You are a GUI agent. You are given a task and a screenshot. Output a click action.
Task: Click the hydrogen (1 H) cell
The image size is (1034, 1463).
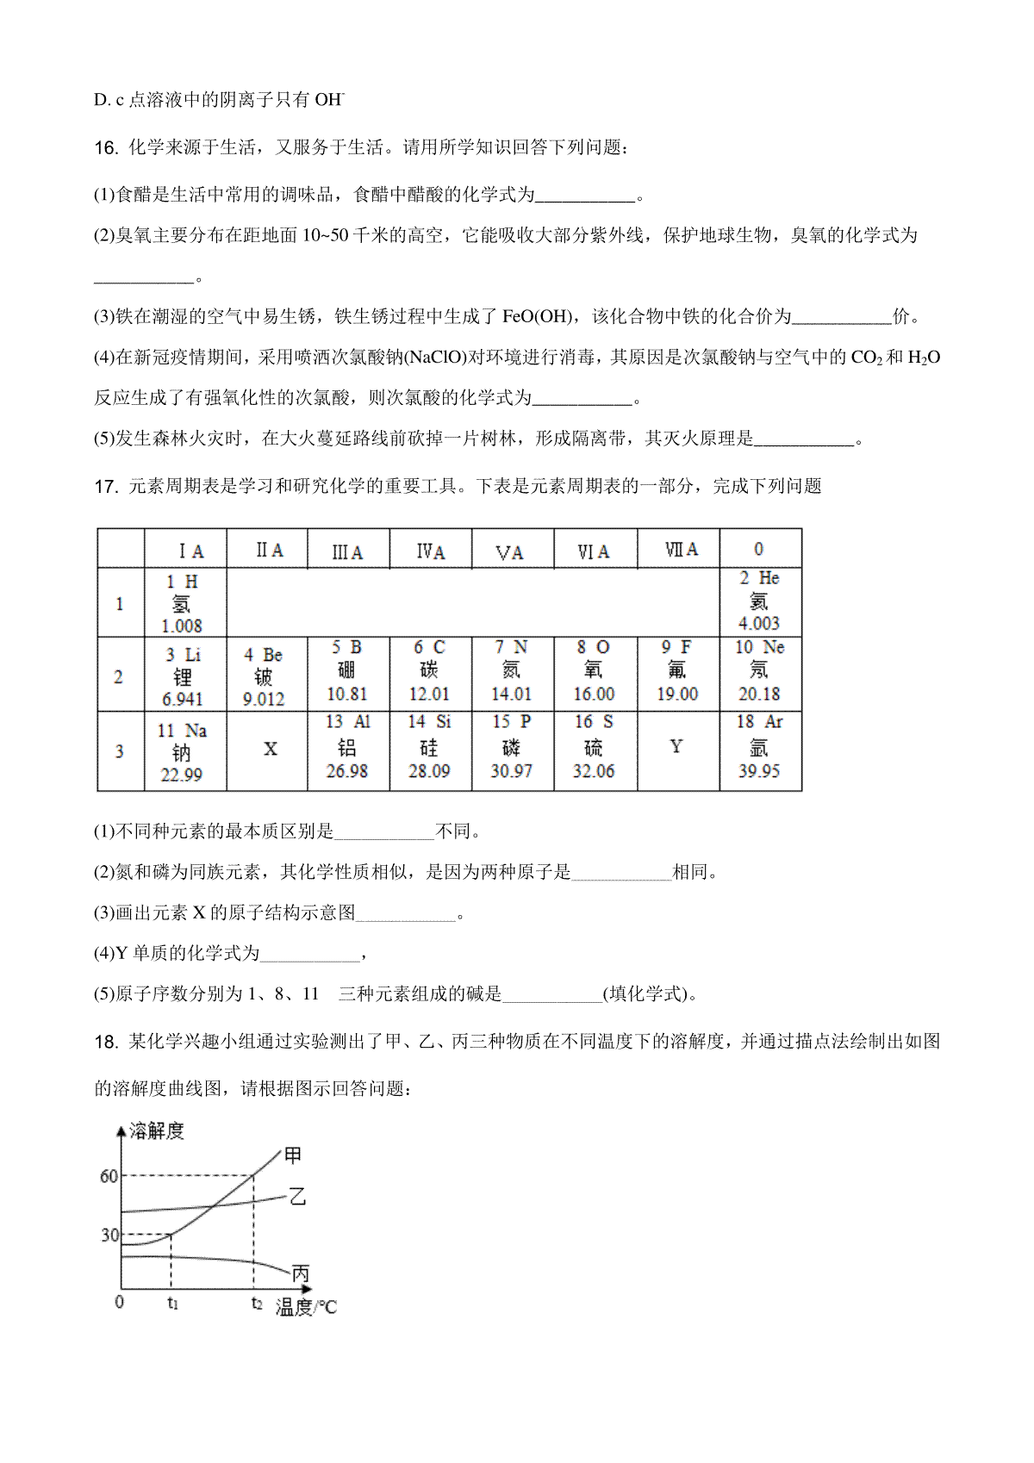coord(183,603)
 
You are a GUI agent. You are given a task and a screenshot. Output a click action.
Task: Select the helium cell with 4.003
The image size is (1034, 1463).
coord(759,601)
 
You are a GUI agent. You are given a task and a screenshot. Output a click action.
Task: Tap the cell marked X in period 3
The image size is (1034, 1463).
coord(270,750)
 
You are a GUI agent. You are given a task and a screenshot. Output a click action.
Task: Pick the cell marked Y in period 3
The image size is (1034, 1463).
coord(676,746)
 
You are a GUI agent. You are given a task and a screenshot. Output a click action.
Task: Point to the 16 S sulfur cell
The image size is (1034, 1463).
coord(594,747)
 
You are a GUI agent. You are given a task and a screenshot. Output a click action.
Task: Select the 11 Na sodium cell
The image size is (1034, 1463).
coord(182,752)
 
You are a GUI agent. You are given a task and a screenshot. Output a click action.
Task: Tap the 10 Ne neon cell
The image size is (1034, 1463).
coord(759,671)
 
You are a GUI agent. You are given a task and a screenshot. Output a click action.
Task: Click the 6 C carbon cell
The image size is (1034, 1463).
coord(429,671)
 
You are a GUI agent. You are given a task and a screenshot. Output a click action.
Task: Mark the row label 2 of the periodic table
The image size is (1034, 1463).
coord(119,676)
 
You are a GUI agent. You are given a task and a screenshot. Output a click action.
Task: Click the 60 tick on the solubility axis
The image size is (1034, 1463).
coord(109,1177)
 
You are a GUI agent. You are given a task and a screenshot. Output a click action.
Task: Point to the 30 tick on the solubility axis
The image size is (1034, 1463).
coord(109,1236)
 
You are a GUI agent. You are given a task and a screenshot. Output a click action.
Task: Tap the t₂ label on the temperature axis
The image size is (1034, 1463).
coord(256,1304)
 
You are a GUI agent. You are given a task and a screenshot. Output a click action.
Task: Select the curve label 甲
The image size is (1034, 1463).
coord(293,1155)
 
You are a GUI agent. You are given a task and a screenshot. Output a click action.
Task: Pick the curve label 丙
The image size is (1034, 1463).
coord(300,1273)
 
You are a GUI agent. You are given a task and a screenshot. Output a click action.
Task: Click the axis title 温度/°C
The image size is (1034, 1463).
coord(306,1308)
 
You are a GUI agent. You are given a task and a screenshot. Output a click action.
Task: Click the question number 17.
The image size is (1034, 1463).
coord(105,487)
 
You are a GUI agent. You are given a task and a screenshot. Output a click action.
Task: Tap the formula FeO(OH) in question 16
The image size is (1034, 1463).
coord(536,317)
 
